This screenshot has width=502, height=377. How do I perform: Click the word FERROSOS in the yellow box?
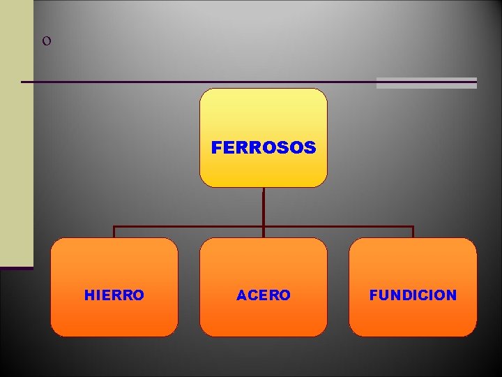263,148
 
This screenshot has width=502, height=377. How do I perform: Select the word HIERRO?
114,295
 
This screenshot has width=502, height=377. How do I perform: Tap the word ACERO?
263,295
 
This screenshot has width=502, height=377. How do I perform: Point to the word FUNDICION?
413,295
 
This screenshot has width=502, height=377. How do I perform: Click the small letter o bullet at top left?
46,41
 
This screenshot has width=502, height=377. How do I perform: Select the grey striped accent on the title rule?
426,83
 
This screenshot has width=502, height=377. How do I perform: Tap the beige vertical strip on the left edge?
16,133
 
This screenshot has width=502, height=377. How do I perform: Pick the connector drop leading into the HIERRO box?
114,232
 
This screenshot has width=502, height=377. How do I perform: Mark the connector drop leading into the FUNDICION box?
413,232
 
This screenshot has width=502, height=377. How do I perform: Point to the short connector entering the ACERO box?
264,232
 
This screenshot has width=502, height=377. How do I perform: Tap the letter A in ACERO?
241,295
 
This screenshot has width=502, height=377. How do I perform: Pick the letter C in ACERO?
252,295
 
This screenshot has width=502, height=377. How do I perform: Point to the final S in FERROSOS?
310,148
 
